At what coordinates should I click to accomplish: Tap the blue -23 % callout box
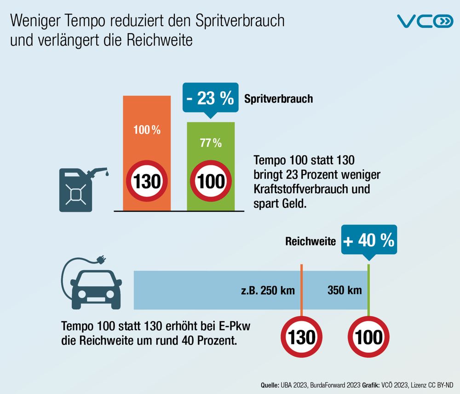point(210,99)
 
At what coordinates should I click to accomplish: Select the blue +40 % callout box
point(368,240)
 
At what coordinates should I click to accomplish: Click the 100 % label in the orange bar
point(147,130)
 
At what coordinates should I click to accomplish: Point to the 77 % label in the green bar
point(211,143)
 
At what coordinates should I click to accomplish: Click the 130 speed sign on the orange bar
point(147,181)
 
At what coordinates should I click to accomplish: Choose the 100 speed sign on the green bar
point(211,181)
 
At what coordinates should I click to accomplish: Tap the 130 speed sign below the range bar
point(302,338)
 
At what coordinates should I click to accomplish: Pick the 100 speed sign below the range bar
point(368,338)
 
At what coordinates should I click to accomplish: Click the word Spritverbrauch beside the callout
point(278,99)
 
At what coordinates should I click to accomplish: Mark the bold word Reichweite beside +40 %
point(310,241)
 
